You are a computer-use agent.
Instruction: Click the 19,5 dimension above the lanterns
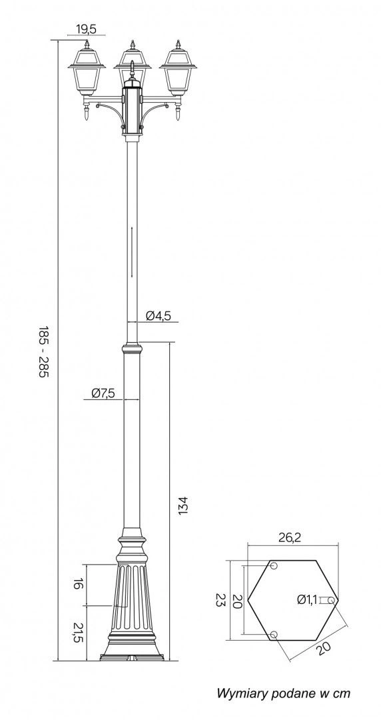click(86, 29)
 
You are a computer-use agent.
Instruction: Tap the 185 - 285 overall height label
click(43, 351)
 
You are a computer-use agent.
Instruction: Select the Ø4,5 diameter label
click(159, 315)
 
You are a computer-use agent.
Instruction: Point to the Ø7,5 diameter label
click(103, 393)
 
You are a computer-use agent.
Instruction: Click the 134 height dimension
click(183, 505)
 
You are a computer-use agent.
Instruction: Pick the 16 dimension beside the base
click(77, 584)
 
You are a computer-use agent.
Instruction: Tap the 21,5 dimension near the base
click(77, 633)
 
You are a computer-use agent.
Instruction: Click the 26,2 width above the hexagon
click(290, 538)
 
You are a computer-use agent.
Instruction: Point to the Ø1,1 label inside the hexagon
click(307, 599)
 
